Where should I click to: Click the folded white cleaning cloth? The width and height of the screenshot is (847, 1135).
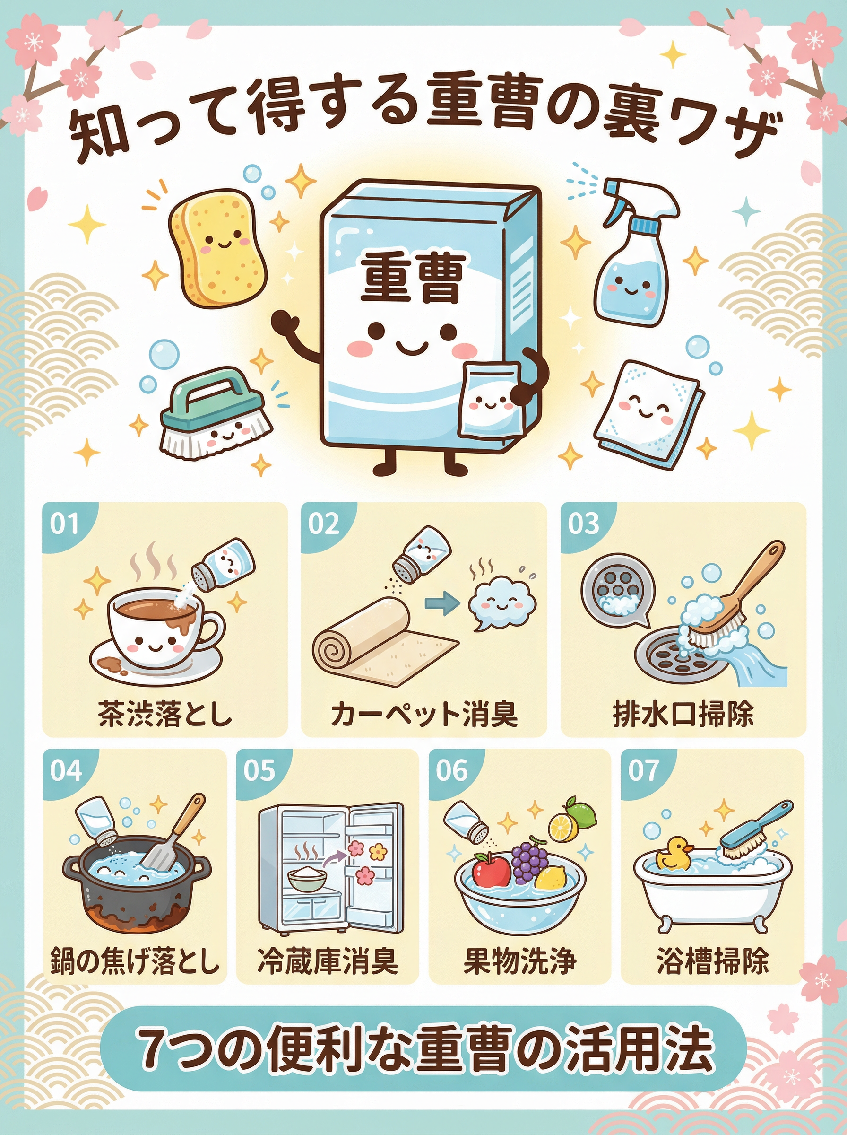(648, 412)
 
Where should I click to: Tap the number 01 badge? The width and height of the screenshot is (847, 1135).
(65, 524)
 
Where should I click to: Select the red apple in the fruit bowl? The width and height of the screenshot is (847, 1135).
(491, 869)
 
